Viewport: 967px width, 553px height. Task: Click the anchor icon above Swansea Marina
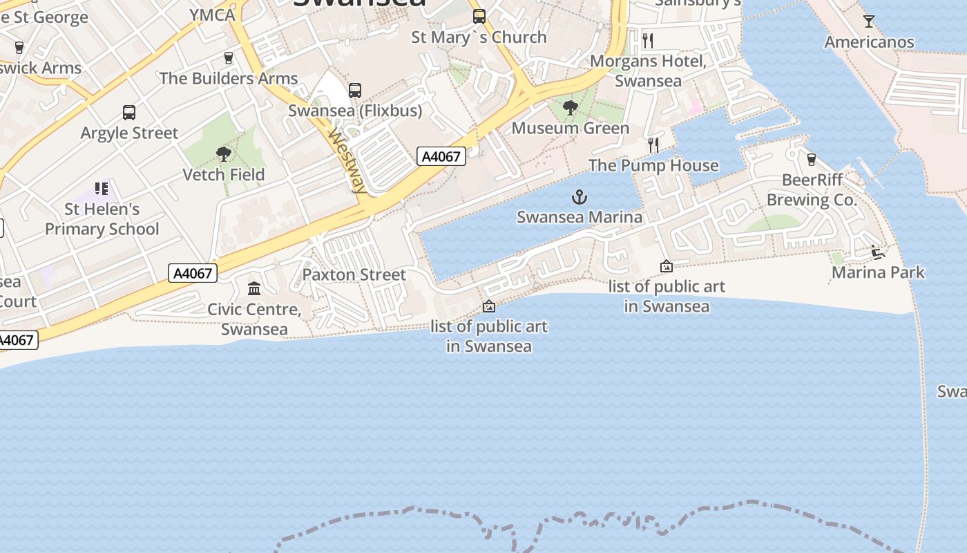click(579, 198)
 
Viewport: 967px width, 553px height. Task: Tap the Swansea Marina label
click(579, 217)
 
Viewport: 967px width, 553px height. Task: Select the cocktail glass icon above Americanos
click(869, 21)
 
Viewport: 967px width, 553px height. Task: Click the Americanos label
click(869, 42)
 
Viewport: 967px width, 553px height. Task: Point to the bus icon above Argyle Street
click(129, 112)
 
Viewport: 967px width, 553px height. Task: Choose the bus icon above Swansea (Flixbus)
click(355, 90)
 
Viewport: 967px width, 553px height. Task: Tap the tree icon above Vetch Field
click(223, 153)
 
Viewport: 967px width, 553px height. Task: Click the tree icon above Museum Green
click(570, 107)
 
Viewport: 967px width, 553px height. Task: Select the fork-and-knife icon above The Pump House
click(653, 144)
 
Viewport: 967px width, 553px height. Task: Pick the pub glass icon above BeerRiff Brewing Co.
click(812, 160)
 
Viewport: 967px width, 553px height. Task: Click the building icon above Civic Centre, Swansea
click(254, 288)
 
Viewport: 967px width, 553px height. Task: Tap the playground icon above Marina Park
click(877, 252)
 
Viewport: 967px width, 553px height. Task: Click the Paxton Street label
click(354, 274)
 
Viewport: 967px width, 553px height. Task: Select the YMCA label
click(212, 15)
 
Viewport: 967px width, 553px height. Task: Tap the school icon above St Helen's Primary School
click(102, 188)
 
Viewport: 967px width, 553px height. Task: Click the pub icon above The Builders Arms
click(229, 58)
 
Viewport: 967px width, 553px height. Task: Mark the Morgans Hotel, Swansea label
click(648, 71)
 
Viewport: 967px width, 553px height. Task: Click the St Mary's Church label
click(479, 37)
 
